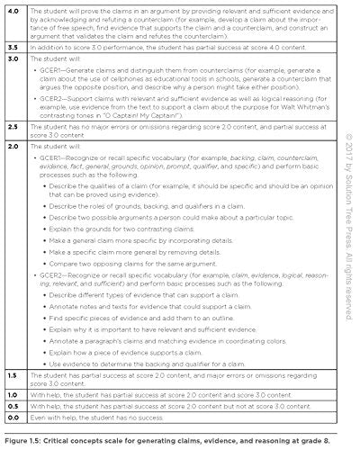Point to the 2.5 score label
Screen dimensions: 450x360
[13, 129]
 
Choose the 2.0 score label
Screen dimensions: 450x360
[13, 145]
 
